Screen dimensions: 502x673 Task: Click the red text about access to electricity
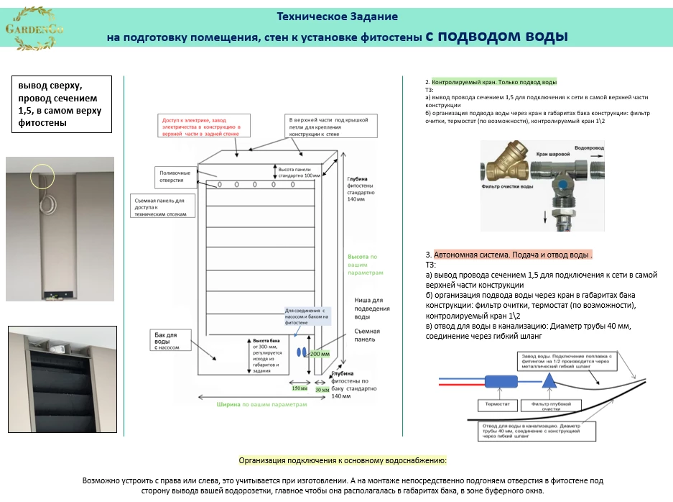click(202, 127)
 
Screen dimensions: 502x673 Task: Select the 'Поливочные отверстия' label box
click(175, 175)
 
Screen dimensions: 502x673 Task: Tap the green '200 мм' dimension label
click(320, 354)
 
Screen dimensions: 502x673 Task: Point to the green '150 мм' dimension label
click(299, 389)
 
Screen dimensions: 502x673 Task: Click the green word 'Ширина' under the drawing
click(228, 404)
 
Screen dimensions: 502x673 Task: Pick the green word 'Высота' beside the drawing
click(358, 257)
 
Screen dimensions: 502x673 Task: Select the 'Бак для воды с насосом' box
click(172, 340)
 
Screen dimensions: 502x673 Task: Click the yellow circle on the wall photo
click(42, 175)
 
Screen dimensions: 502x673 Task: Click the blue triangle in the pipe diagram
click(549, 382)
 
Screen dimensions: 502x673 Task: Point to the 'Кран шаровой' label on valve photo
click(553, 155)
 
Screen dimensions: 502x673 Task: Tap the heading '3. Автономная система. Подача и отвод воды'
click(509, 255)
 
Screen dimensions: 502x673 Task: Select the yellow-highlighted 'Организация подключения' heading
click(343, 460)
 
